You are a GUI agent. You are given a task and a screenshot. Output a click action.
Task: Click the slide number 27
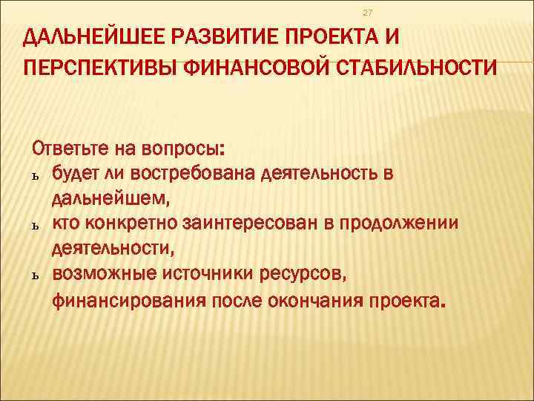(x=367, y=13)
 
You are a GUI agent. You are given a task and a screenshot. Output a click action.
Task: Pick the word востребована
(x=194, y=173)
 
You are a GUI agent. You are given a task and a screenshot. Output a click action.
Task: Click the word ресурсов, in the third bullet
(x=303, y=274)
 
